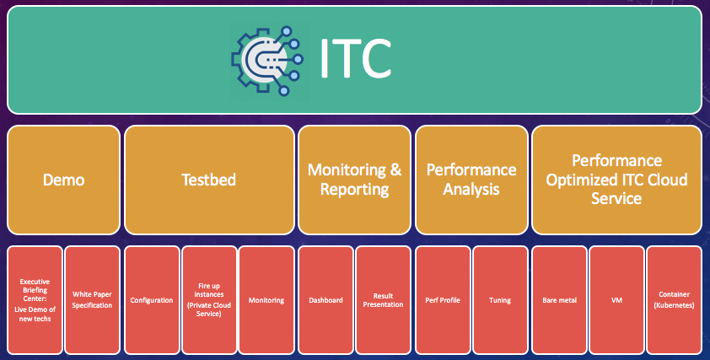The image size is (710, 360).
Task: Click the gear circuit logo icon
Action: tap(267, 60)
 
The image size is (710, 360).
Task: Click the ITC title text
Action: tap(355, 59)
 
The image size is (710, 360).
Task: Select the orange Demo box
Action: tap(64, 180)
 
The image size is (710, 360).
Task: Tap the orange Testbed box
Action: tap(209, 180)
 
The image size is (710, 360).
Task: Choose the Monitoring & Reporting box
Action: tap(354, 180)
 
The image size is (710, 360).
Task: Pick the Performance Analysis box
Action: tap(471, 180)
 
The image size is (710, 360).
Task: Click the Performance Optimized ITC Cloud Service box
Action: tap(616, 180)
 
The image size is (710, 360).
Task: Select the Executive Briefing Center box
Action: tap(35, 300)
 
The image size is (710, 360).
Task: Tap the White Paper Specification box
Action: tap(93, 300)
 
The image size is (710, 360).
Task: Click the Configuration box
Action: tap(152, 300)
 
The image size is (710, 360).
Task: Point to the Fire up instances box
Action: tap(209, 300)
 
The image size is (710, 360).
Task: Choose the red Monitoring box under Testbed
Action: tap(266, 300)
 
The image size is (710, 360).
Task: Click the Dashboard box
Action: tap(326, 300)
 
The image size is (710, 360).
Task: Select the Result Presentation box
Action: tap(383, 300)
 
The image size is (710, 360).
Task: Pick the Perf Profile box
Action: tap(443, 300)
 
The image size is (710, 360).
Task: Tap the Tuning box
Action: tap(500, 300)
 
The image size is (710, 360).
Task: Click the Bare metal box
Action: tap(560, 300)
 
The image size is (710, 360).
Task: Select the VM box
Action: tap(616, 300)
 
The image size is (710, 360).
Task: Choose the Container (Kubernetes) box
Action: tap(675, 300)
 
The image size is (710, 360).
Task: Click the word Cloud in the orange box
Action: tap(668, 180)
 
